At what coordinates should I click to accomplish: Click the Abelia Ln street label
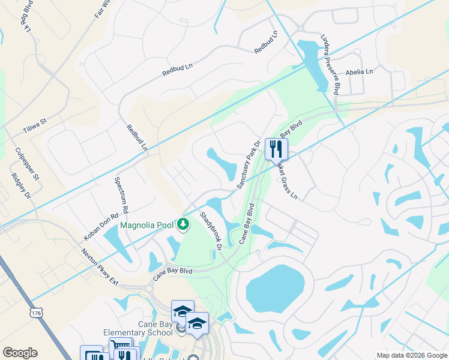pos(359,71)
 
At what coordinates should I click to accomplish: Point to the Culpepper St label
pos(27,164)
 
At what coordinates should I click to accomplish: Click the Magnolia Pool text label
pos(147,226)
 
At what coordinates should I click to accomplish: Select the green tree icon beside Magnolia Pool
pos(183,225)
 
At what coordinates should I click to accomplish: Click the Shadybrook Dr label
pos(211,231)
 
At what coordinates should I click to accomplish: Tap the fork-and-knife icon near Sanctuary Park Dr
pos(276,148)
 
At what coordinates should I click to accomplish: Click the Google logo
pos(20,353)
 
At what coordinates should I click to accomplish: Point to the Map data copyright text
pos(411,355)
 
